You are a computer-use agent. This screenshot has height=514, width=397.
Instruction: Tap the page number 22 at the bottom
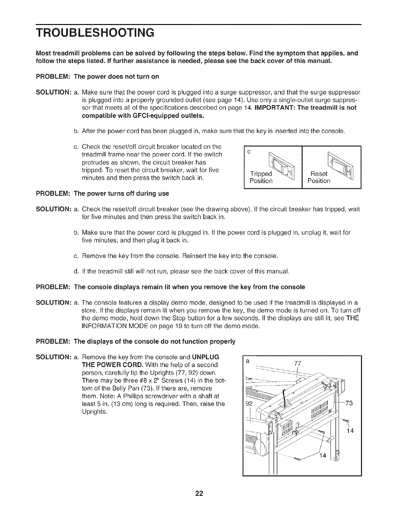pyautogui.click(x=199, y=494)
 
